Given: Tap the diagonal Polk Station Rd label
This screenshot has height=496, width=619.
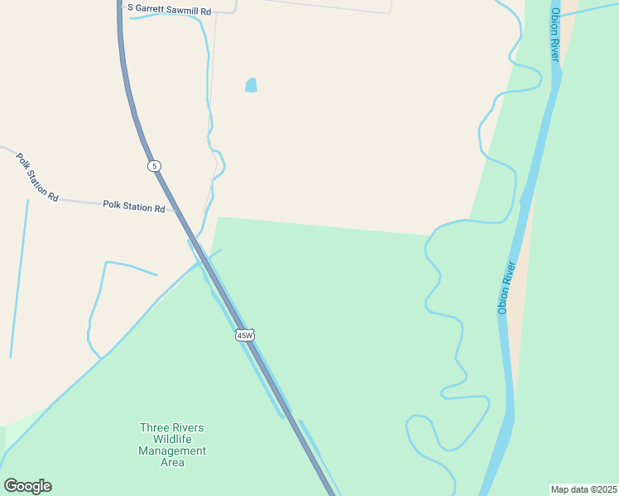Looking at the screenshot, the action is tap(37, 177).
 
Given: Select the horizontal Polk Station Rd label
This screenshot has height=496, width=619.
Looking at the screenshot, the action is tap(134, 206).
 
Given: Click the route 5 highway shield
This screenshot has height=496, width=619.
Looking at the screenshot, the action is tap(155, 166).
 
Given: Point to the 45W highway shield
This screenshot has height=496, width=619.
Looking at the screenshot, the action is tap(244, 335).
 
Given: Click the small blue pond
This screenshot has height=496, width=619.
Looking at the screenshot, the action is tap(251, 85).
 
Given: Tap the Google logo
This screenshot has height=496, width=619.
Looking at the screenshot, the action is tap(27, 486).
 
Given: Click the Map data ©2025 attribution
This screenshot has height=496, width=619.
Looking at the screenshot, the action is tap(584, 489).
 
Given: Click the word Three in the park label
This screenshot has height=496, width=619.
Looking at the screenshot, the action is tap(155, 427).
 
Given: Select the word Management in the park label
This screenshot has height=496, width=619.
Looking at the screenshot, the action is tap(172, 451).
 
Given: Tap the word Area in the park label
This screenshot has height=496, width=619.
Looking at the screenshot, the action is tap(172, 462).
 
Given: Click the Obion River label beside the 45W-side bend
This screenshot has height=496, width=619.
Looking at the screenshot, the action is tap(506, 287).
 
